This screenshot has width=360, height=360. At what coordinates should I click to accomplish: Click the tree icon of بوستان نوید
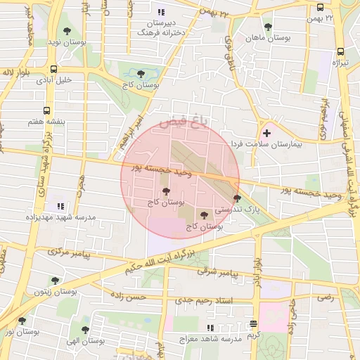[x=67, y=31]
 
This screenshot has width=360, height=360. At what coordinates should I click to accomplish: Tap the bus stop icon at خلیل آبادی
[x=54, y=69]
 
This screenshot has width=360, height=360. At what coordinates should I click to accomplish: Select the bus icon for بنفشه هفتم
[x=46, y=110]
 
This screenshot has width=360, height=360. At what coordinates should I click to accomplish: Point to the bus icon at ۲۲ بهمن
[x=320, y=8]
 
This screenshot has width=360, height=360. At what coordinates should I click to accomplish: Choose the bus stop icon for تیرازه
[x=341, y=51]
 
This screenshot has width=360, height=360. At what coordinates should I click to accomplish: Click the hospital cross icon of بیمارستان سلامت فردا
[x=266, y=133]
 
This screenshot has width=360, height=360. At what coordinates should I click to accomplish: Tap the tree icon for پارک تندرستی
[x=237, y=199]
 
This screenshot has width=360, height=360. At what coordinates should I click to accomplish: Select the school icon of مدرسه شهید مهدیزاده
[x=60, y=207]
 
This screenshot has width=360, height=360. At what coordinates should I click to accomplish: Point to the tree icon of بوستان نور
[x=22, y=321]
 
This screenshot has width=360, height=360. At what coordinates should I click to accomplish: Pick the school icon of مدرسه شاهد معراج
[x=210, y=328]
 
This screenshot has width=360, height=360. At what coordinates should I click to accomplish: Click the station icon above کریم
[x=252, y=323]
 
